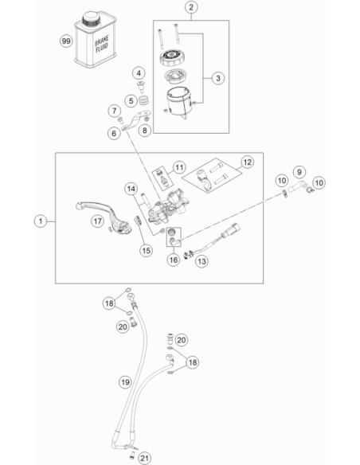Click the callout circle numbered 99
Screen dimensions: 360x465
coord(66,41)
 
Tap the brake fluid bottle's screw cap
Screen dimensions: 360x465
coord(92,18)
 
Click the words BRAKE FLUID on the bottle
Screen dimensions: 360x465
coord(102,44)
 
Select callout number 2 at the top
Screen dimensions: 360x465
coord(191,7)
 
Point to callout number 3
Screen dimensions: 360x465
coord(218,78)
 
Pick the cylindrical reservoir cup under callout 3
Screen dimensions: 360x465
coord(179,102)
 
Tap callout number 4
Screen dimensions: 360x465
coord(139,73)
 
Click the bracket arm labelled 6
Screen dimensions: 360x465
coord(135,121)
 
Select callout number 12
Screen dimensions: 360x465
coord(247,162)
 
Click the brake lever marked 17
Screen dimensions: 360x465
coord(104,217)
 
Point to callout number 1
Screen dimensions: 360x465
coord(41,221)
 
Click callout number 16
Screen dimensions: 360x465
coord(173,260)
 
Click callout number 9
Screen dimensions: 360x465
coord(299,172)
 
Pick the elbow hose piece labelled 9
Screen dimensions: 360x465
coord(297,186)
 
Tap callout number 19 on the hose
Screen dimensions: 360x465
coord(125,382)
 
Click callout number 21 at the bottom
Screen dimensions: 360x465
coord(144,459)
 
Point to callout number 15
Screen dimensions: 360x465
coord(146,251)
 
